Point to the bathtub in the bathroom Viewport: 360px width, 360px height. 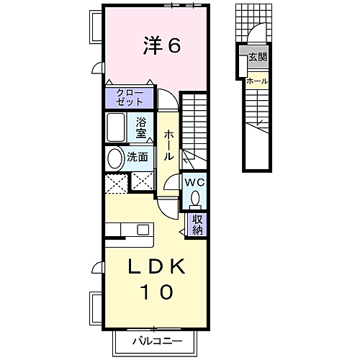point(117,128)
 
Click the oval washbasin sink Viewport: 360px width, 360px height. point(114,158)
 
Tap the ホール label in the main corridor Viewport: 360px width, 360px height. point(168,144)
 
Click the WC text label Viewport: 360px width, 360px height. point(195,182)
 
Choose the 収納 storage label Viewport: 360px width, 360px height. point(197,225)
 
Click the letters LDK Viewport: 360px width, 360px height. point(157,267)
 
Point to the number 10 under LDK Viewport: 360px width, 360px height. point(157,292)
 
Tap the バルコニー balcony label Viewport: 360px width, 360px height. point(156,341)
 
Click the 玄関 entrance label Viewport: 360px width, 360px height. point(257,56)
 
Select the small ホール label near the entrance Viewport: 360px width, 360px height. point(257,81)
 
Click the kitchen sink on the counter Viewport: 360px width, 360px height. point(143,230)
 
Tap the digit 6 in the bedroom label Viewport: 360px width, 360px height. point(174,45)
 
